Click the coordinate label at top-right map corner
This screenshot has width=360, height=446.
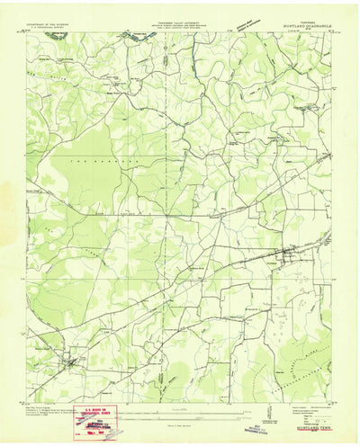tap(330, 31)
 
